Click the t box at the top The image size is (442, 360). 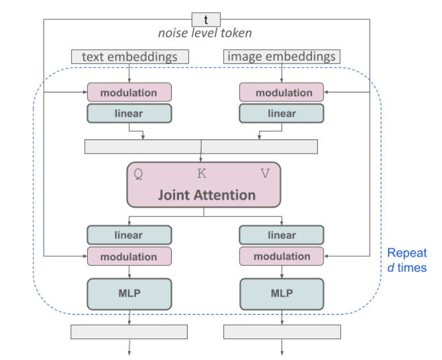click(206, 19)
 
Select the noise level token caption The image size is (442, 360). click(205, 33)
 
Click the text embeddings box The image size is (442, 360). click(130, 57)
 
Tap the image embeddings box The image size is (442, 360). click(282, 57)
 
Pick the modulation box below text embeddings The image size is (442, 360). click(129, 92)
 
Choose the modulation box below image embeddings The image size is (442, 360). click(282, 92)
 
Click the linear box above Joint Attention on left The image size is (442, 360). click(129, 113)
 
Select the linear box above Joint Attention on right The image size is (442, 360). click(282, 113)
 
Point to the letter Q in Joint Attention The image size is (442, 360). click(138, 174)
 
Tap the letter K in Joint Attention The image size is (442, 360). click(202, 174)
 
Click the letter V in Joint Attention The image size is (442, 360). click(265, 174)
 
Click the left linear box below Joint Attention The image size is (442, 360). click(129, 235)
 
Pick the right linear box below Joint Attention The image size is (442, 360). click(282, 235)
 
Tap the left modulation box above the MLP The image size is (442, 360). click(129, 257)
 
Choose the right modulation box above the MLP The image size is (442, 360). click(282, 257)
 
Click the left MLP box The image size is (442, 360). click(129, 294)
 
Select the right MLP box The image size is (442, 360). click(282, 294)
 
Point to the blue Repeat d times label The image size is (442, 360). click(407, 260)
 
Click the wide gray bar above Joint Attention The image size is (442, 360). click(201, 146)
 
